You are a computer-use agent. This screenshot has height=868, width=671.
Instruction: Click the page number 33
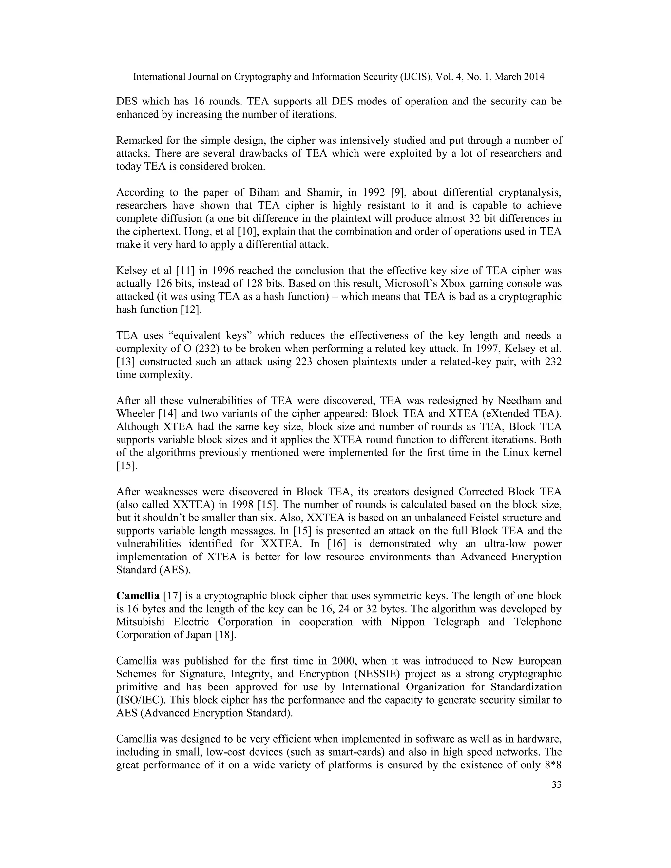point(557,785)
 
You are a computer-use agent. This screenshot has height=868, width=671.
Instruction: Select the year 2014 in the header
point(533,77)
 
